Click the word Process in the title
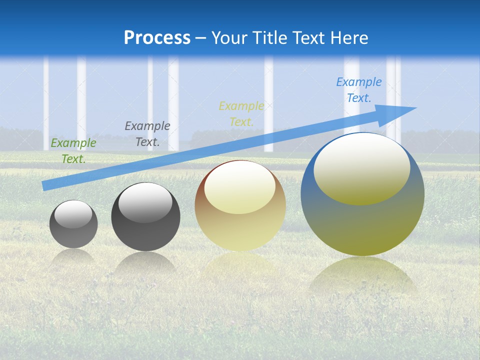click(157, 37)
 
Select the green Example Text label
click(73, 151)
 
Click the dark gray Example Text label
click(147, 134)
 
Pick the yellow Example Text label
click(241, 114)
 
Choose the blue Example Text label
click(359, 90)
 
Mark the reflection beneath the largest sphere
click(362, 275)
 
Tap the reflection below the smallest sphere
click(73, 256)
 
